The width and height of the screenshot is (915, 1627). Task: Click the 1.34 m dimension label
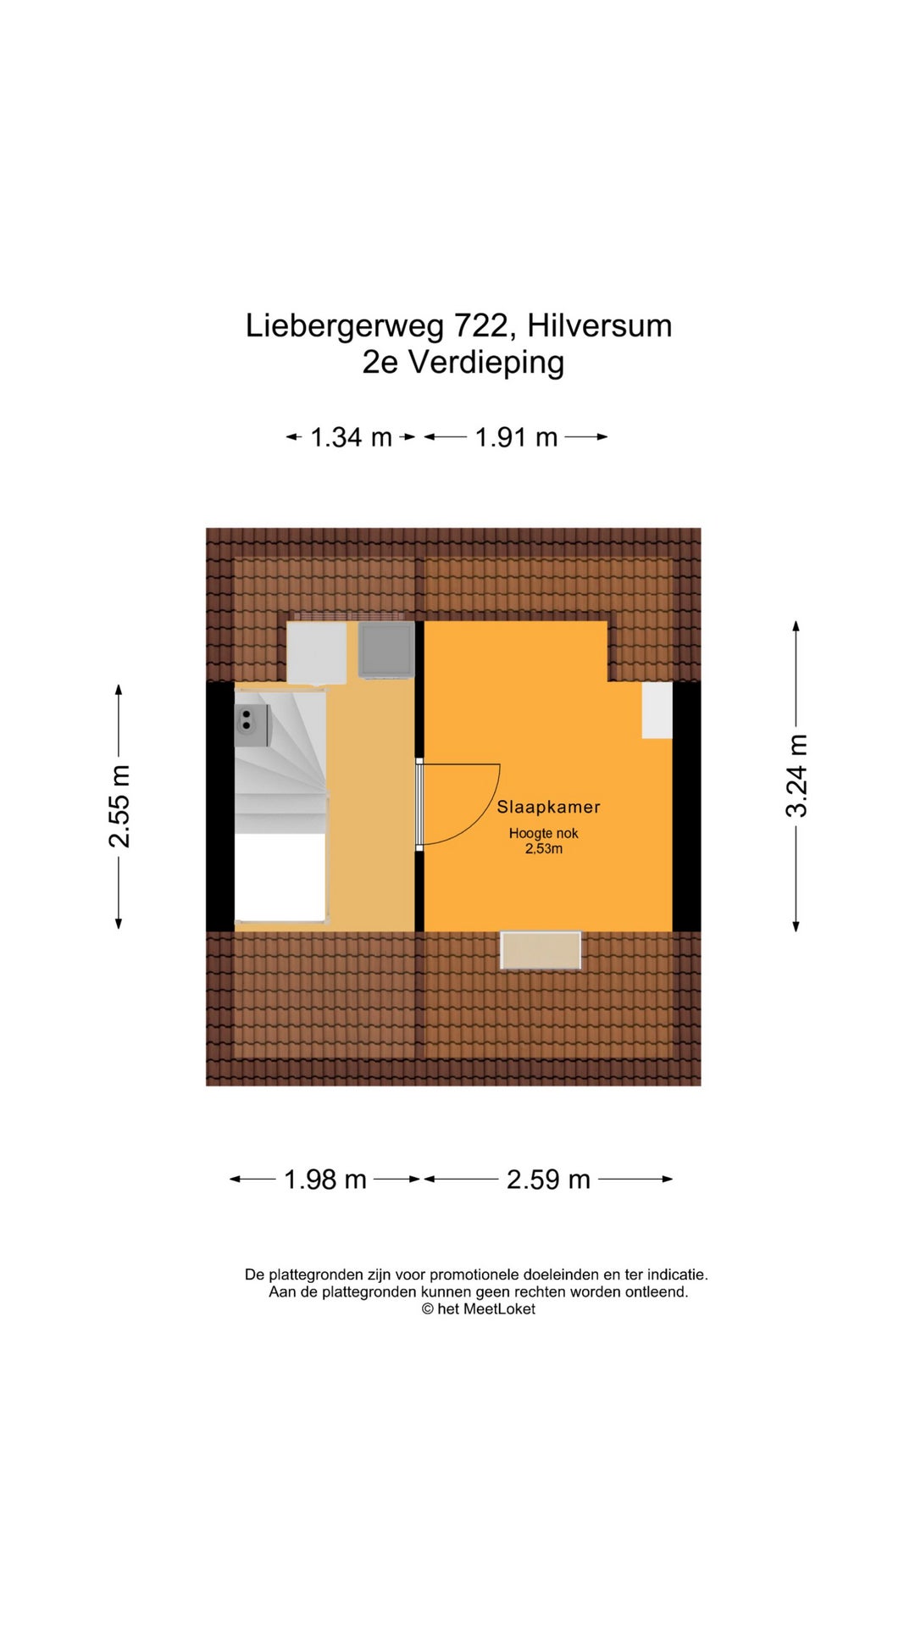351,437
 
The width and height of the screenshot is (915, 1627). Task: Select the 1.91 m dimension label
516,437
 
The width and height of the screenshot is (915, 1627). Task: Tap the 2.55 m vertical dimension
119,806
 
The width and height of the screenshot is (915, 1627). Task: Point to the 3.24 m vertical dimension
796,775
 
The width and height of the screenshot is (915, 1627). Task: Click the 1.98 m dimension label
325,1180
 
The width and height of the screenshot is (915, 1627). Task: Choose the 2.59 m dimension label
548,1180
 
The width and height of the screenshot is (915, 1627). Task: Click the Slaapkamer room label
548,807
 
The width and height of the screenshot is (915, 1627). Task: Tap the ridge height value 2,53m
544,849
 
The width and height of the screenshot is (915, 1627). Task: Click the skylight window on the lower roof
541,950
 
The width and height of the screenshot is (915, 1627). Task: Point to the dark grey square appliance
386,650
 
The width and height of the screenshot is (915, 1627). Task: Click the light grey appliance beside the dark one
317,653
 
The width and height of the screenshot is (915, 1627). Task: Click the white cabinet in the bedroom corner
657,710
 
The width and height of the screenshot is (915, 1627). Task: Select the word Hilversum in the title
600,326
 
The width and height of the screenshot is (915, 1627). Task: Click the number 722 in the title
480,326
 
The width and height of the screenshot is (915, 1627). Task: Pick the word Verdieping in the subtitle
486,363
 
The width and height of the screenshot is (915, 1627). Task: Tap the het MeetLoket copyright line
479,1309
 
